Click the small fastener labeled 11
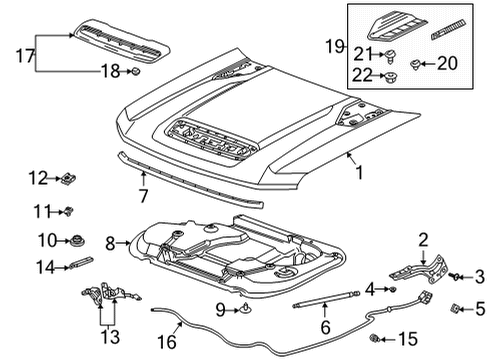click(x=71, y=210)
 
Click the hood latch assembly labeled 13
click(x=100, y=296)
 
